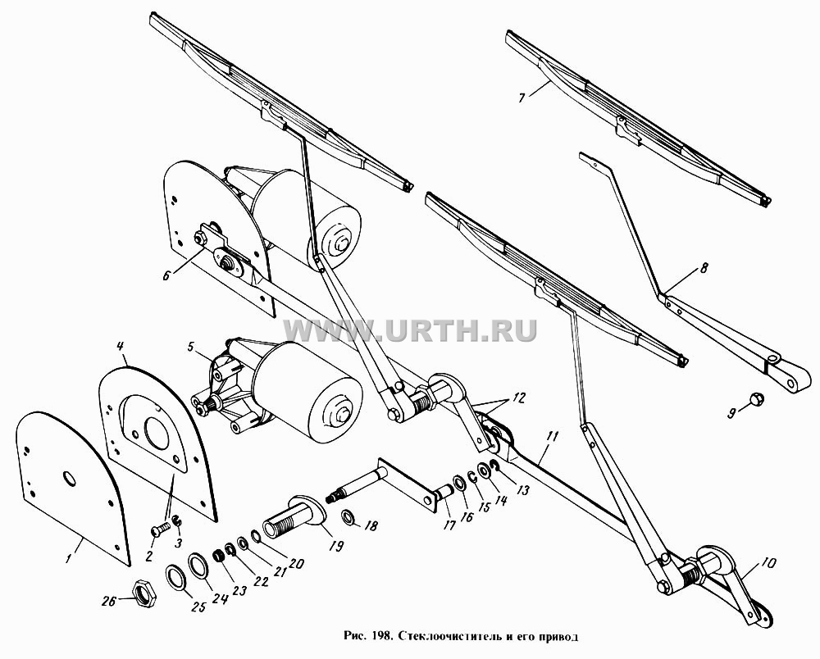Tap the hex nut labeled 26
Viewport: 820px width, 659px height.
click(143, 594)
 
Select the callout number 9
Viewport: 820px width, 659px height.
click(731, 413)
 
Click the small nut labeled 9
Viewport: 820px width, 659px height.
click(755, 399)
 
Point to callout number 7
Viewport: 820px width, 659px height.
click(522, 98)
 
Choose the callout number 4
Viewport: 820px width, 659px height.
click(121, 346)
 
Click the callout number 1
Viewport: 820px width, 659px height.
click(67, 559)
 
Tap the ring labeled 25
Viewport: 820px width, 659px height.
click(175, 576)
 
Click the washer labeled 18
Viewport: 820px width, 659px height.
click(347, 517)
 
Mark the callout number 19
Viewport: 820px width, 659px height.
click(337, 546)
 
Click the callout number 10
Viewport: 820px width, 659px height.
click(769, 563)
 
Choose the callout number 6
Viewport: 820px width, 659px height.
click(166, 275)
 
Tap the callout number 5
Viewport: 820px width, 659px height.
click(191, 346)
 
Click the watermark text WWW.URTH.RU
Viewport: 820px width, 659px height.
click(410, 330)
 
